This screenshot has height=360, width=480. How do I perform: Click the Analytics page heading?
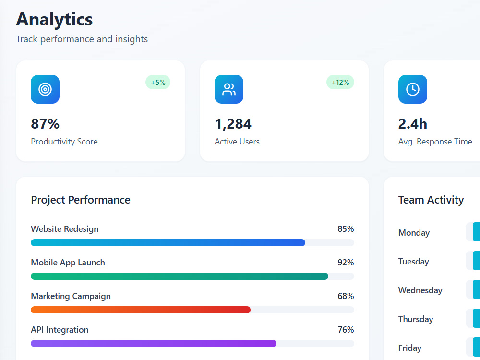point(54,20)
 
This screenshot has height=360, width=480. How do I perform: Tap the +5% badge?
point(158,83)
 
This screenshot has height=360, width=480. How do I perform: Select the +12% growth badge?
point(340,83)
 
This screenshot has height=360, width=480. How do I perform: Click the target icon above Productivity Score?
point(45,89)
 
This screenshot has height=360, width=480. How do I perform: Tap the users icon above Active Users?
point(229,89)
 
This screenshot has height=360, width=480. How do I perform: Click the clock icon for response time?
point(413,89)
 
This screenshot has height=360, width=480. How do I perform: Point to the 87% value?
point(45,124)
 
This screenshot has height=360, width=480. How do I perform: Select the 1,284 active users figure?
point(233,124)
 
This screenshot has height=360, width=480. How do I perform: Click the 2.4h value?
point(413,124)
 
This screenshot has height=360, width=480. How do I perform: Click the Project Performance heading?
point(81,200)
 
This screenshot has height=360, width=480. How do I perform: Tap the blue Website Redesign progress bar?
point(168,243)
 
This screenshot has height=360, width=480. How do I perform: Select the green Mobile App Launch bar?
point(180,276)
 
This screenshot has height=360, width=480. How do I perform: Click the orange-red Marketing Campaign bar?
point(141,310)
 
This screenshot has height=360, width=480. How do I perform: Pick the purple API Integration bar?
point(154,344)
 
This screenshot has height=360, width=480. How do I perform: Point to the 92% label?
point(346,263)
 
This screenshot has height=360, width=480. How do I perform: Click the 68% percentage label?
point(346,296)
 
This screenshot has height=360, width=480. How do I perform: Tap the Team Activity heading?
point(431,200)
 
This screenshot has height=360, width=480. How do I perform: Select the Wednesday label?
point(420,290)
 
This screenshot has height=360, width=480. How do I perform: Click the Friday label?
point(410,348)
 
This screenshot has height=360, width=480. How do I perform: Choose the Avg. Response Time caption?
point(435,142)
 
